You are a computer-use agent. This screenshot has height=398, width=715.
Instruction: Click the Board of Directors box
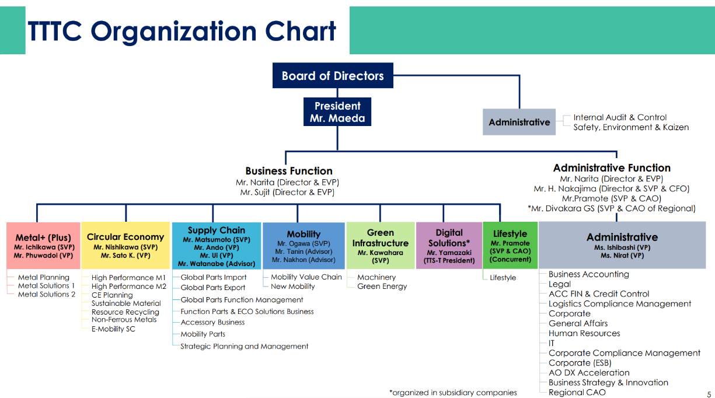click(x=333, y=76)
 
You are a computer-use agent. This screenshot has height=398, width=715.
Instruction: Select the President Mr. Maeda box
click(x=337, y=112)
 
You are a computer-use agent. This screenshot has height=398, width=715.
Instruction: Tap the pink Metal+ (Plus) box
click(x=44, y=246)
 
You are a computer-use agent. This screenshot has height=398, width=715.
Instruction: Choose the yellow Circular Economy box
click(x=125, y=246)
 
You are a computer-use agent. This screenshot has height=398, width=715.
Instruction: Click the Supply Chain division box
click(x=217, y=246)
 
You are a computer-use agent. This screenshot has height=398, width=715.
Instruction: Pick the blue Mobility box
click(x=304, y=246)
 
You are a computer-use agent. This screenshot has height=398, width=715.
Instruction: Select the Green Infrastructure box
click(x=381, y=246)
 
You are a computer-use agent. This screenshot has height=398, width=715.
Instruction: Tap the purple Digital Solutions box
click(x=449, y=246)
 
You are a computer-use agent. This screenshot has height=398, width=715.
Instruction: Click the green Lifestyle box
click(x=510, y=246)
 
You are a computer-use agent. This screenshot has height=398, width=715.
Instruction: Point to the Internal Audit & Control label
click(x=620, y=117)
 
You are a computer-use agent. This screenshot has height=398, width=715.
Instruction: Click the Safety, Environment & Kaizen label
click(x=631, y=127)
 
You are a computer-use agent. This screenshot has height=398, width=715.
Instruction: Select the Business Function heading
click(x=289, y=171)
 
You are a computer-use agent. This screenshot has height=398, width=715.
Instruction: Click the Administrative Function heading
click(x=612, y=168)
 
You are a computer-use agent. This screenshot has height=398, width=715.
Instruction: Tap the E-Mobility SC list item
click(x=113, y=329)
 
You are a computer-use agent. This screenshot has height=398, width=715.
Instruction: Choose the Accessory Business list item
click(x=212, y=322)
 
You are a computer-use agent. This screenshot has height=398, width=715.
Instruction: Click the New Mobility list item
click(x=293, y=287)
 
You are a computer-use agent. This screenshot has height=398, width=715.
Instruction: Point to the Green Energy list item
click(x=382, y=287)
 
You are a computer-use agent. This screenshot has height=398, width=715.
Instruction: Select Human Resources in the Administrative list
click(x=584, y=333)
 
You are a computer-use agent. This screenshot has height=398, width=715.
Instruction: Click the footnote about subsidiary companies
click(x=453, y=393)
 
